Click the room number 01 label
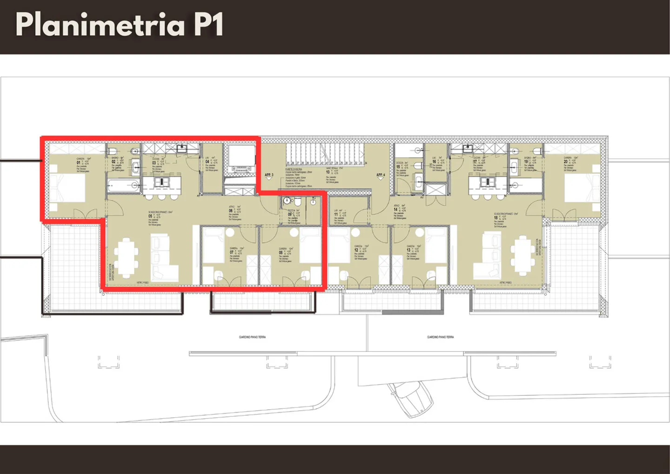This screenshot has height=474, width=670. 79,163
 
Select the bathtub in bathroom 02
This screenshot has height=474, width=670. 123,186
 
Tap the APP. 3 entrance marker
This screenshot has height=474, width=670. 269,176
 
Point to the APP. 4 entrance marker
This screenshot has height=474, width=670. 381,176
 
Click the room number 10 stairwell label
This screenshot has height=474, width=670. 328,172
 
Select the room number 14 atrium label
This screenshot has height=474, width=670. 395,210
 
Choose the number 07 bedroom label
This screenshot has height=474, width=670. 232,253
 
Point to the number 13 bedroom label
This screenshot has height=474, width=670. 409,251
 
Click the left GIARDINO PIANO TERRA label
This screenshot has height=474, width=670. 252,337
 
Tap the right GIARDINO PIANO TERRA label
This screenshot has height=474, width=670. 440,337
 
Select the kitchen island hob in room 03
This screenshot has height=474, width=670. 162,181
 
